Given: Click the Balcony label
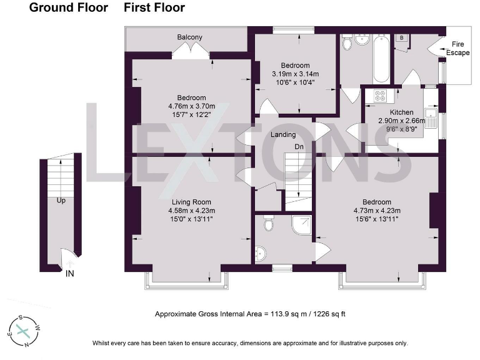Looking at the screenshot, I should click(190, 37).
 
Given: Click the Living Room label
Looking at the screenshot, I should click(191, 202).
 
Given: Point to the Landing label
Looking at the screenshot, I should click(283, 134).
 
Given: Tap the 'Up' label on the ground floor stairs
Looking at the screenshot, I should click(61, 201).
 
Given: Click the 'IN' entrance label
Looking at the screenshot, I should click(71, 272).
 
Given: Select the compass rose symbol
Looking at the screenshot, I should click(24, 331).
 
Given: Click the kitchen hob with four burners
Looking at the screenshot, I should click(380, 96).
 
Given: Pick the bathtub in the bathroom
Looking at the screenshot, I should click(382, 59).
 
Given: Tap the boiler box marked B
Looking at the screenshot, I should click(401, 38).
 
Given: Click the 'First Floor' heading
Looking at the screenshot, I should click(154, 8).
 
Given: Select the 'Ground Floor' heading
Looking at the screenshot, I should click(69, 8).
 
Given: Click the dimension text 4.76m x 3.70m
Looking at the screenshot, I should click(191, 106).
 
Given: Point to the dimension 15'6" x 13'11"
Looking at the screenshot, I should click(377, 219).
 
